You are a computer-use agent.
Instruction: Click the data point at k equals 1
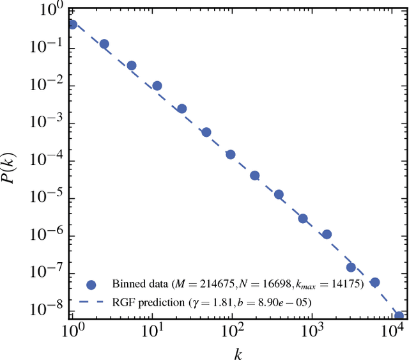(x=72, y=25)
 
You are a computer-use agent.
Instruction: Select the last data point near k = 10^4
(x=399, y=316)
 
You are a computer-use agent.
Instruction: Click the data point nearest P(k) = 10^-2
(x=157, y=86)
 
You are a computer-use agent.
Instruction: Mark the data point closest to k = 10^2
(x=231, y=154)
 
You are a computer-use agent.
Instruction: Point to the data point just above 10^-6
(x=327, y=234)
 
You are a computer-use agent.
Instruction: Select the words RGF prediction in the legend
(x=151, y=301)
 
